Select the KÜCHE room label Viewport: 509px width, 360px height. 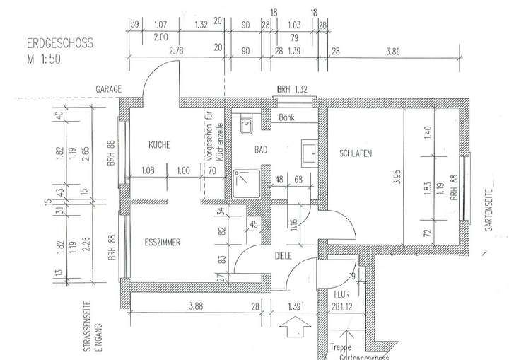click(159, 145)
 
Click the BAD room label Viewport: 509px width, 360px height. click(262, 149)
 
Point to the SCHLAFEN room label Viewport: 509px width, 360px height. click(355, 153)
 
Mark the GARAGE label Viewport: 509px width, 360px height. click(110, 89)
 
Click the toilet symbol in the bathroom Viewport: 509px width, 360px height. click(246, 125)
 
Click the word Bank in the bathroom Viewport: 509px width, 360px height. click(286, 117)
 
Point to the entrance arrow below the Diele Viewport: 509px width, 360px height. click(291, 327)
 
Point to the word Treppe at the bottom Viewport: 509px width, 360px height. click(342, 347)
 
